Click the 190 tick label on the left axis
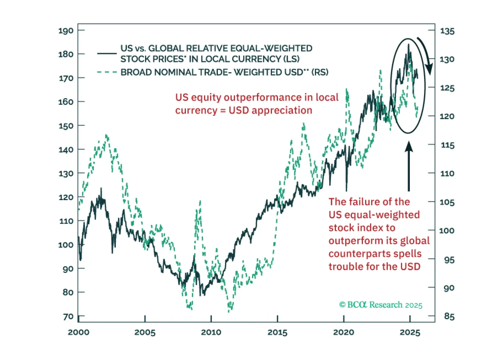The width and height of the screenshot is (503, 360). click(66, 31)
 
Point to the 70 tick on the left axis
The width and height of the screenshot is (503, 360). click(68, 316)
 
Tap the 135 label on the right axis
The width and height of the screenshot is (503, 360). click(447, 31)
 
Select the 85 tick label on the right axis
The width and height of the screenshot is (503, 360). click(449, 316)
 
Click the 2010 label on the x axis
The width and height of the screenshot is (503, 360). click(211, 332)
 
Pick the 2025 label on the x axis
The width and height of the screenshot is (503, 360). click(410, 332)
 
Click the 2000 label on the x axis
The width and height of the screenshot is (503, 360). click(78, 332)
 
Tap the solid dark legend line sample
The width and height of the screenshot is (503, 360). click(107, 53)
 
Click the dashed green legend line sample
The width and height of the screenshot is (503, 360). click(107, 72)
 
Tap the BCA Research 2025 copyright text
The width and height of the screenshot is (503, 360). click(381, 305)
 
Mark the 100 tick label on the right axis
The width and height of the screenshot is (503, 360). click(447, 231)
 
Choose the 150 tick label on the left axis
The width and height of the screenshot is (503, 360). click(66, 126)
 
